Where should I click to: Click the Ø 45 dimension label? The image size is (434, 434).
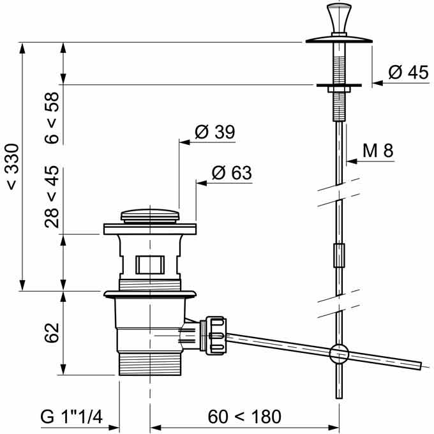click(408, 73)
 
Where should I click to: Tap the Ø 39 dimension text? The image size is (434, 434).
click(215, 131)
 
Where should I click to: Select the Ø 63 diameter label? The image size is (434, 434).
click(232, 173)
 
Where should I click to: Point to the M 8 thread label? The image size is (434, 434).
click(378, 151)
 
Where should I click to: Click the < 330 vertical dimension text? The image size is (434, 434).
click(13, 167)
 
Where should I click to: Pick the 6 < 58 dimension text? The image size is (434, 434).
click(52, 117)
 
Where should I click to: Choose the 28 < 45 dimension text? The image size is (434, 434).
click(52, 197)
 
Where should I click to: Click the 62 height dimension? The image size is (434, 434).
click(52, 333)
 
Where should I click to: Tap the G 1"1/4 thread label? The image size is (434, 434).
click(71, 416)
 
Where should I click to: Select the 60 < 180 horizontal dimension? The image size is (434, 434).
click(244, 416)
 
